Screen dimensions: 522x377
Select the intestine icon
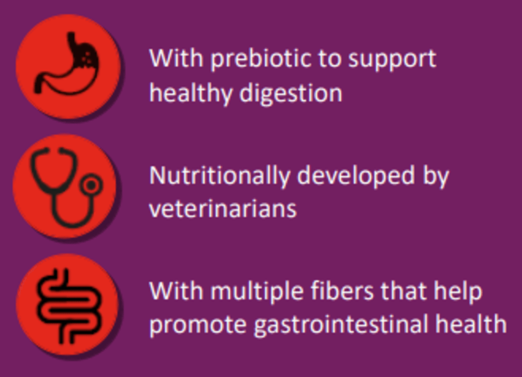[69, 306]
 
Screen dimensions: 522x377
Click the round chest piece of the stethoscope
[91, 185]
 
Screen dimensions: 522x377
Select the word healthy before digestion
[190, 93]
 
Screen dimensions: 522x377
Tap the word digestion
[291, 93]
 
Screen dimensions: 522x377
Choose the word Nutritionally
[219, 176]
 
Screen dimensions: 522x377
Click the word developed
[356, 176]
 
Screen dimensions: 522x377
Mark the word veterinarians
[223, 209]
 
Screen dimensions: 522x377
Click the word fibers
[342, 291]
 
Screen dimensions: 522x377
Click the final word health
[471, 324]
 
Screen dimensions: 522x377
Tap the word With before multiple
[176, 291]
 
